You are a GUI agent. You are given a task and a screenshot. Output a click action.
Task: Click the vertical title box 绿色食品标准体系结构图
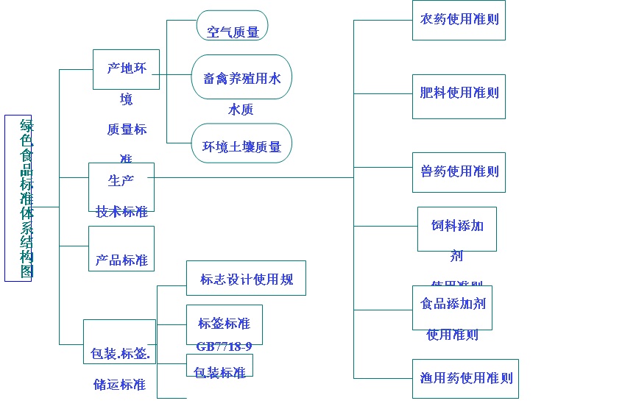[x=18, y=198]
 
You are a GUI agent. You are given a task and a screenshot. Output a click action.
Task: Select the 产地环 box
[x=126, y=69]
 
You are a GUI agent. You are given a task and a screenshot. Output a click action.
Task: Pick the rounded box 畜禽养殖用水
[x=241, y=77]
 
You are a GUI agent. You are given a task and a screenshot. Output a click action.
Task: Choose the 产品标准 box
[x=121, y=249]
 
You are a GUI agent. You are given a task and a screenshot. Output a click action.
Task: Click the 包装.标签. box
[x=119, y=342]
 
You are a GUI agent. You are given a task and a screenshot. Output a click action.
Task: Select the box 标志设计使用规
[x=246, y=278]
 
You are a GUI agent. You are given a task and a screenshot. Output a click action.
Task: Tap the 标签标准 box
[x=224, y=324]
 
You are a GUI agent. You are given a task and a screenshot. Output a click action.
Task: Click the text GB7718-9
[x=224, y=346]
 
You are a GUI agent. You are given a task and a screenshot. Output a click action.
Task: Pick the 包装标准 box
[x=219, y=366]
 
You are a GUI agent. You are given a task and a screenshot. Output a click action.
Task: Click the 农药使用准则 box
[x=459, y=20]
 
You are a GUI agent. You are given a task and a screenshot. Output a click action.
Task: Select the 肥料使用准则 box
[x=459, y=96]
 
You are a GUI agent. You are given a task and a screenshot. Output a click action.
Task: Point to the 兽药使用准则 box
[x=459, y=172]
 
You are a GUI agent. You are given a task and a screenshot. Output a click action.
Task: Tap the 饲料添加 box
[x=456, y=229]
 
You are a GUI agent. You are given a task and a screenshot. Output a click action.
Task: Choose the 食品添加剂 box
[x=452, y=307]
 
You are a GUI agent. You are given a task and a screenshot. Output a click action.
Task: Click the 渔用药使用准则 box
[x=465, y=379]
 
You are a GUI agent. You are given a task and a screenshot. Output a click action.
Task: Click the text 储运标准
[x=119, y=384]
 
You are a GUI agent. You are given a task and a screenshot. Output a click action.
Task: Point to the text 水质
[x=241, y=110]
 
